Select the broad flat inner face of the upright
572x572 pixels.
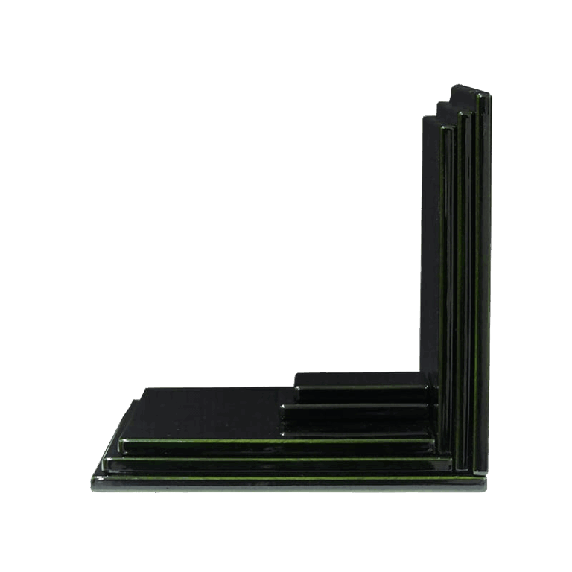pos(430,246)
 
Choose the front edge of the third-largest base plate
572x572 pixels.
pos(276,445)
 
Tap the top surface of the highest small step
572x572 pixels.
pos(357,378)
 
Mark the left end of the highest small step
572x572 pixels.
pos(297,387)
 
